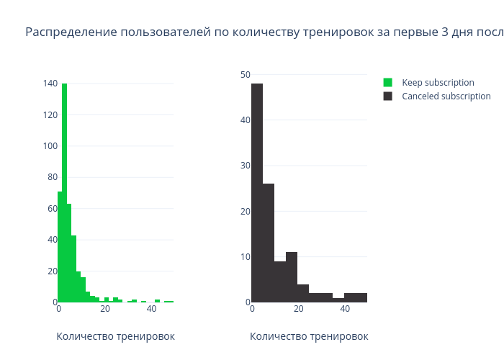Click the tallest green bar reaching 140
tap(65, 193)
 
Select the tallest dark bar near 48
tap(257, 193)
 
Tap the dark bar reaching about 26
tap(269, 243)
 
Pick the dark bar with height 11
tap(292, 277)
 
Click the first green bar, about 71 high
tap(60, 247)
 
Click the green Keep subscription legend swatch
tap(388, 83)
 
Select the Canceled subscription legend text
tap(446, 96)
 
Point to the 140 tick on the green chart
tap(50, 84)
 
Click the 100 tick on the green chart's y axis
tap(50, 146)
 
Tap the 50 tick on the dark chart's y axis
tap(246, 75)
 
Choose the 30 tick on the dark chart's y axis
tap(246, 166)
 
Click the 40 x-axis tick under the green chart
tap(151, 309)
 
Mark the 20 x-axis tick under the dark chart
tap(299, 309)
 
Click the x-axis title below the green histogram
tap(116, 336)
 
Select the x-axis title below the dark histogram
tap(309, 336)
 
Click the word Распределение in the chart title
tap(71, 32)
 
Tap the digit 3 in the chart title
tap(445, 32)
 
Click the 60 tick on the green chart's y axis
tap(53, 209)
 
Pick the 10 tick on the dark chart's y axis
tap(246, 257)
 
